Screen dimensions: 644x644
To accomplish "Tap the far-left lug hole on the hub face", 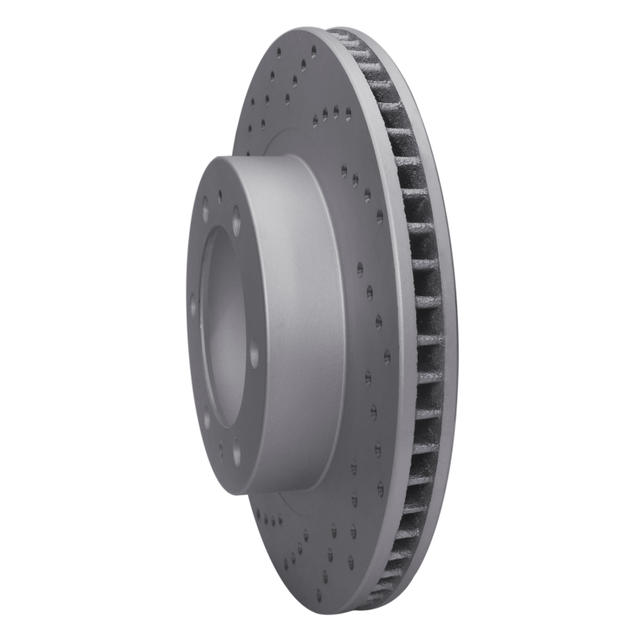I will click(x=192, y=307).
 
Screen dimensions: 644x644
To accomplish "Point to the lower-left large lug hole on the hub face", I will click(x=206, y=420).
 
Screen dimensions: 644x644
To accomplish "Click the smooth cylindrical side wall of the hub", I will click(x=298, y=322).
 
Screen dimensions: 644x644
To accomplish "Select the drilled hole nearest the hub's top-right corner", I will click(x=344, y=170).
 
